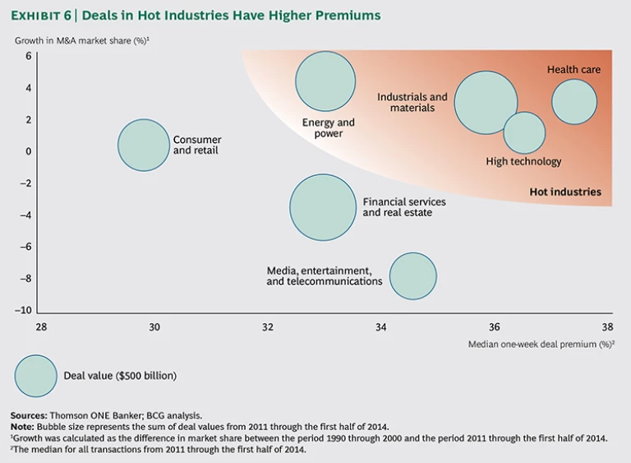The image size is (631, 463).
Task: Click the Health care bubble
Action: pyautogui.click(x=574, y=103)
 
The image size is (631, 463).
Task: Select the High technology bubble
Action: pyautogui.click(x=524, y=133)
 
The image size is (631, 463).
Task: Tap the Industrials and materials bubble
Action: pyautogui.click(x=486, y=103)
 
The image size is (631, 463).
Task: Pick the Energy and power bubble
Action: pyautogui.click(x=325, y=81)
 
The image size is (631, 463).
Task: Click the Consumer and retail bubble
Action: pyautogui.click(x=144, y=145)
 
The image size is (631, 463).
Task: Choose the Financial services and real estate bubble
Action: pyautogui.click(x=323, y=207)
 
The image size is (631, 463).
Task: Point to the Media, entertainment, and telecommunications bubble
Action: pyautogui.click(x=413, y=276)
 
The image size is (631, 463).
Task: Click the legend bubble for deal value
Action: pyautogui.click(x=36, y=376)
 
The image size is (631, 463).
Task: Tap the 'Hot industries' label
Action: pyautogui.click(x=565, y=192)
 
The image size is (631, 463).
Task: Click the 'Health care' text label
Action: pyautogui.click(x=573, y=70)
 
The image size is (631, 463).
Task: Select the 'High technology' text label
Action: pyautogui.click(x=523, y=162)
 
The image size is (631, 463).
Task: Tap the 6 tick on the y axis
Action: pyautogui.click(x=27, y=56)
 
